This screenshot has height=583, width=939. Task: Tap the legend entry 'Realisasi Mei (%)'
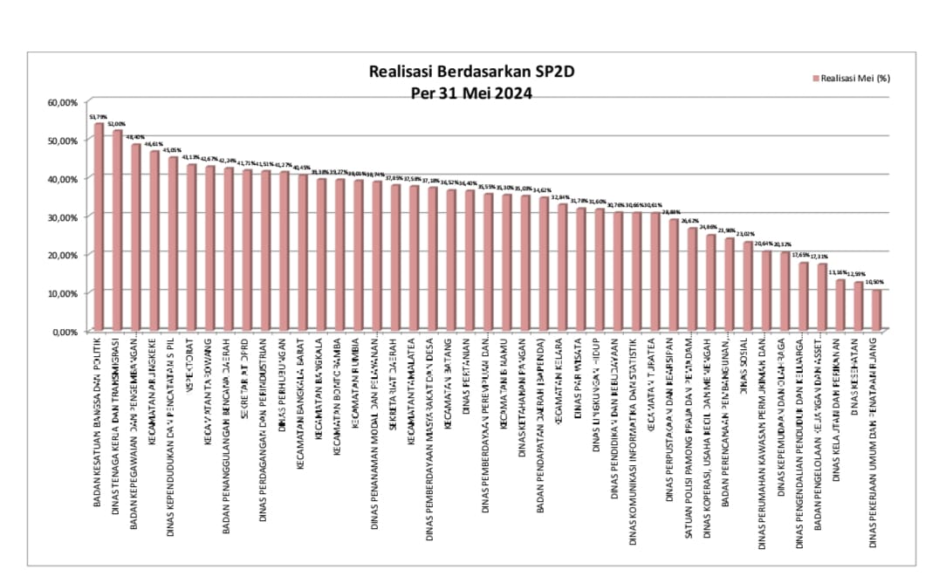tap(854, 79)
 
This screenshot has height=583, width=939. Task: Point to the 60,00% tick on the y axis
tap(63, 102)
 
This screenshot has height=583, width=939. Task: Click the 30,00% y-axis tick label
tap(63, 216)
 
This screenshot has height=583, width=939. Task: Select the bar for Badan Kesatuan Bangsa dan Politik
tap(99, 227)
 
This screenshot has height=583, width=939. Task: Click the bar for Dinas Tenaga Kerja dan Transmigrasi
tap(117, 230)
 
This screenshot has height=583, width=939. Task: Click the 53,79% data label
tap(99, 116)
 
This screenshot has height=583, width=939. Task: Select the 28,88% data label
tap(671, 212)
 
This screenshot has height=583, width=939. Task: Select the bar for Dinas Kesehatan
tap(858, 306)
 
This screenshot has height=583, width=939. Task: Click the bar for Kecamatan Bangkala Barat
tap(302, 253)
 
